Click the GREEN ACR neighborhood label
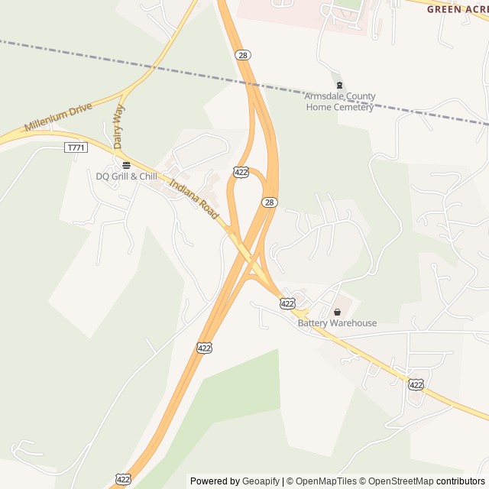pos(457,9)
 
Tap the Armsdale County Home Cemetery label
pos(340,102)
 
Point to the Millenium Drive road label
pos(58,116)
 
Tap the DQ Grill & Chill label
pos(126,176)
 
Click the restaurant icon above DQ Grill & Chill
pos(126,164)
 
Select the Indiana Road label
pos(195,199)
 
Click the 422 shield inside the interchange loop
pos(241,173)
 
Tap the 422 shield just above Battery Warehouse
pos(287,303)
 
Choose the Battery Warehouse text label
pos(337,323)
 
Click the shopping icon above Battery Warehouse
pos(337,312)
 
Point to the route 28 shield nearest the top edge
pos(243,55)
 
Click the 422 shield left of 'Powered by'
pos(122,479)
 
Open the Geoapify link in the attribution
pos(261,481)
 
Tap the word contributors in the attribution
pos(461,481)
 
